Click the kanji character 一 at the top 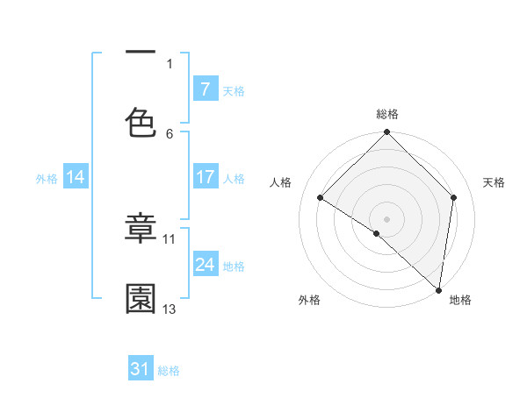141,52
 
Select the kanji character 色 141,122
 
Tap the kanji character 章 141,229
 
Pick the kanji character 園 141,299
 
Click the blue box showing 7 205,89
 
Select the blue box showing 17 205,177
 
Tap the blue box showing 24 205,265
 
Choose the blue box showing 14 76,177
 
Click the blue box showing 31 141,369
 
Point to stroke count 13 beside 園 170,309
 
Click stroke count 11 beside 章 170,238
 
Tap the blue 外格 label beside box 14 47,178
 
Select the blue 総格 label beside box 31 169,370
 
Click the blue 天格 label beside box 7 233,89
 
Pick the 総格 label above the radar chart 387,114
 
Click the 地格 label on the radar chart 460,300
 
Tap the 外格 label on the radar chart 308,300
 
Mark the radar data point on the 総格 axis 387,133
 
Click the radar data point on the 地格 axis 438,289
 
